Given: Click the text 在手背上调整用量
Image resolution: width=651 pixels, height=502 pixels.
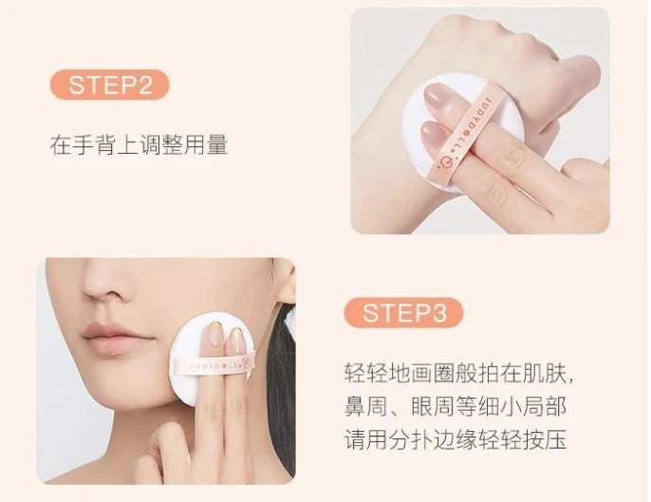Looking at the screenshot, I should point(139,145).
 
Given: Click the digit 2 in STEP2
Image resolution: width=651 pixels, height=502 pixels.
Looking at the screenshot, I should point(144,84).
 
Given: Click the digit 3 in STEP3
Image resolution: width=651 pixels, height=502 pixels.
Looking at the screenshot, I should point(438,313).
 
